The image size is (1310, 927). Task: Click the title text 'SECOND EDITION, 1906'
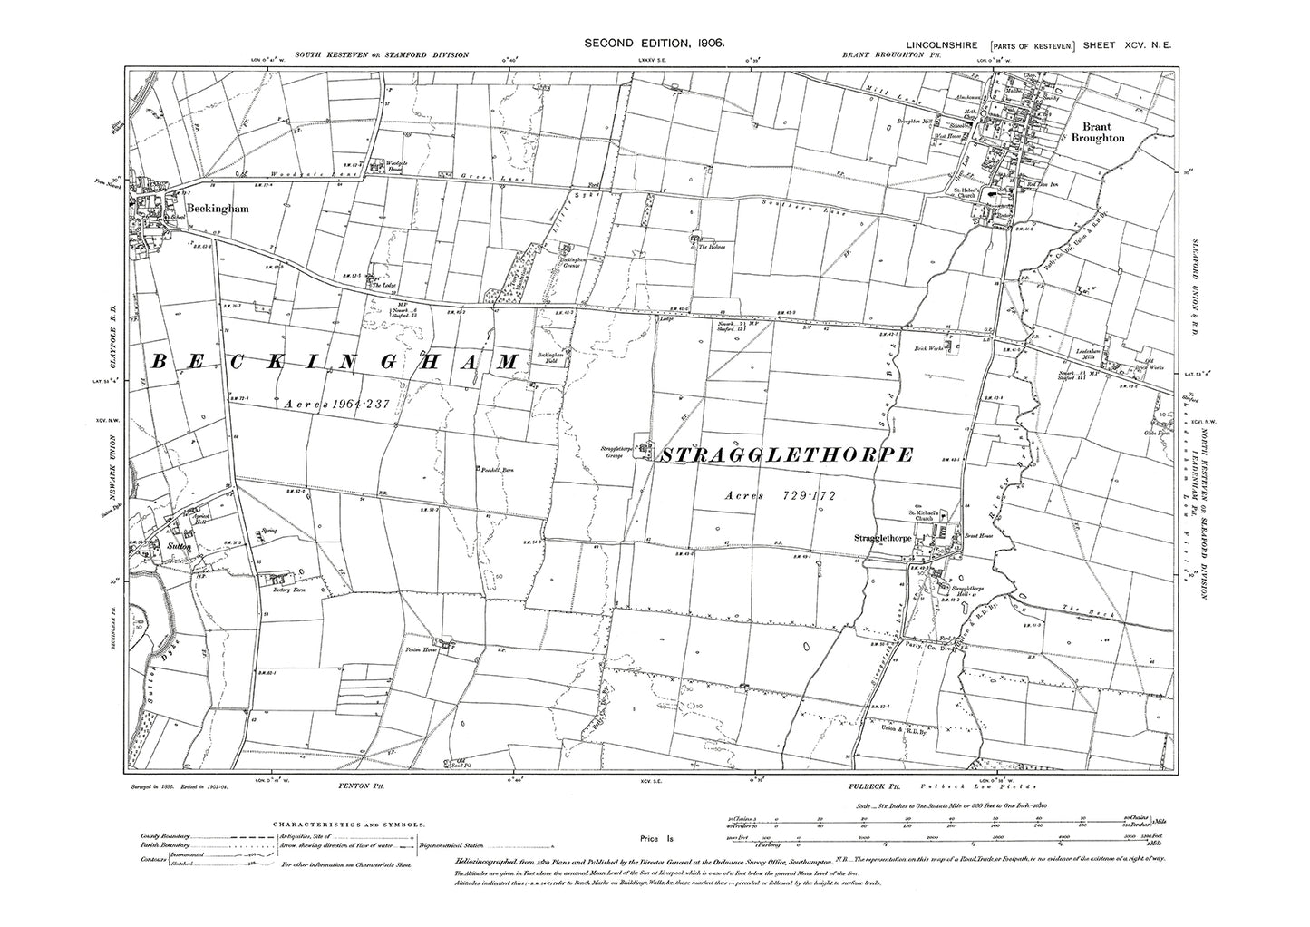point(653,42)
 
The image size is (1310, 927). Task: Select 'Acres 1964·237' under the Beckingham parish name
point(337,405)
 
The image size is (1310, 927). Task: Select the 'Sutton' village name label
point(172,547)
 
